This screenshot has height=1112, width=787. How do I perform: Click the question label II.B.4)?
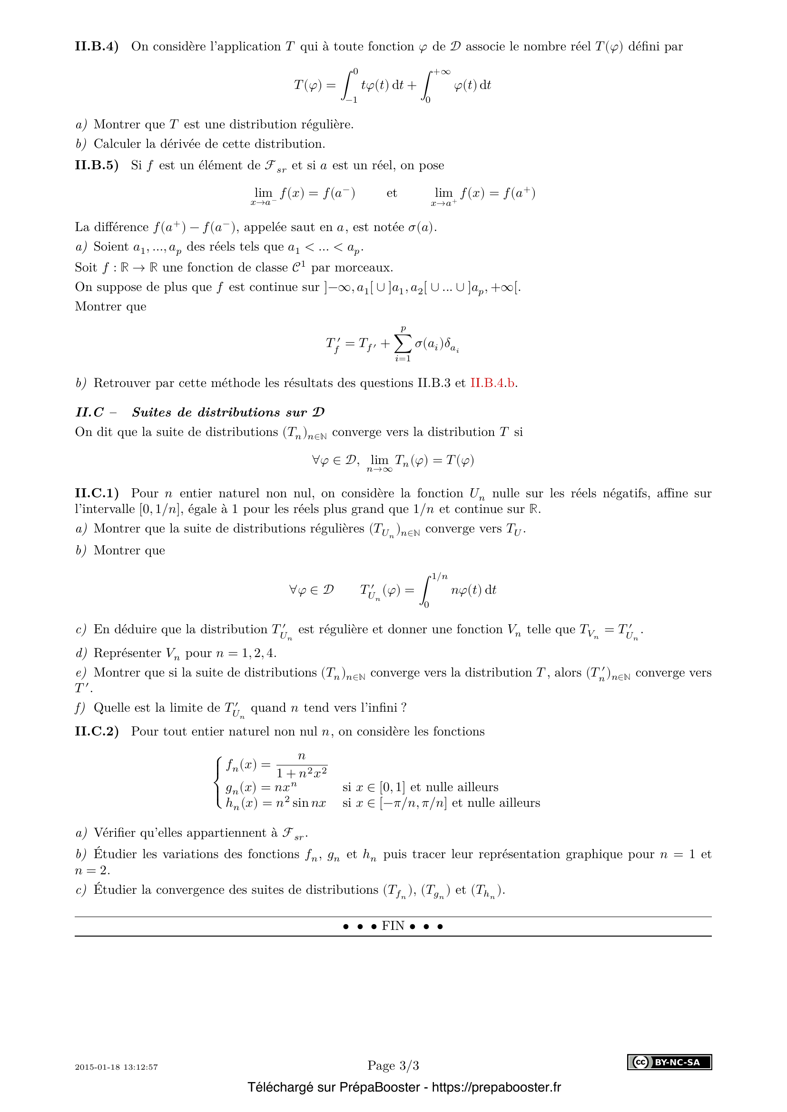(97, 47)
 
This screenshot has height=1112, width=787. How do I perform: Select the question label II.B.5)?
(97, 165)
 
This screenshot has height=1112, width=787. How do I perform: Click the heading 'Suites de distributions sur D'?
(228, 413)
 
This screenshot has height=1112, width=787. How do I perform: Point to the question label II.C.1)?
(97, 493)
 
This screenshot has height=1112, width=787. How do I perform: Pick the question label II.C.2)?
(97, 731)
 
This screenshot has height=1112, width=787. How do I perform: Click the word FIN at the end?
(393, 926)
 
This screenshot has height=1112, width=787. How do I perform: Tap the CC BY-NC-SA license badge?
(669, 1062)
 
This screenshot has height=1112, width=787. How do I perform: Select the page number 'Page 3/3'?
(393, 1065)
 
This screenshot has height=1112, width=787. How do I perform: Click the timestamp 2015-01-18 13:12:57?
(116, 1067)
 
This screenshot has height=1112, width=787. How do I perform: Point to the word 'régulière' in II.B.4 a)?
(327, 125)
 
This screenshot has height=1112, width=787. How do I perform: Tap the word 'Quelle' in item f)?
(110, 708)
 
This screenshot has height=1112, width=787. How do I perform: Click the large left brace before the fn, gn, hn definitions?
(218, 783)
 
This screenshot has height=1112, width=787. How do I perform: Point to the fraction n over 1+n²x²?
(301, 765)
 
